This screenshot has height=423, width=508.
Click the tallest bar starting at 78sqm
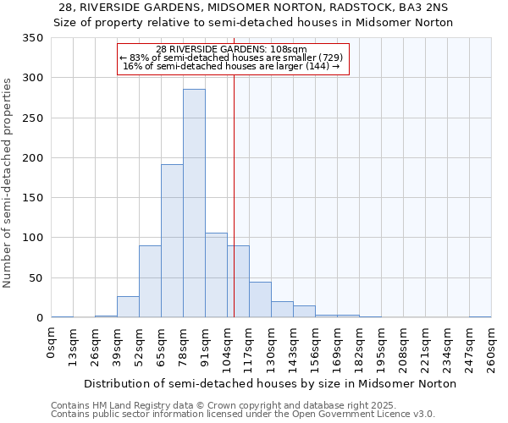194,203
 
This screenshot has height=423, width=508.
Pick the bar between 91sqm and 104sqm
216,275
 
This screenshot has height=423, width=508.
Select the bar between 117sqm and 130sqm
260,299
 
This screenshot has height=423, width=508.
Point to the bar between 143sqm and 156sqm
304,311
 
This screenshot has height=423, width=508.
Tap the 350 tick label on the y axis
33,38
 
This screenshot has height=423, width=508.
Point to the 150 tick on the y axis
33,198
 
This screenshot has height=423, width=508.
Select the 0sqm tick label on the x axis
52,342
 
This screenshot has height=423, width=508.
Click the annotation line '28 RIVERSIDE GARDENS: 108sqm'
232,49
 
